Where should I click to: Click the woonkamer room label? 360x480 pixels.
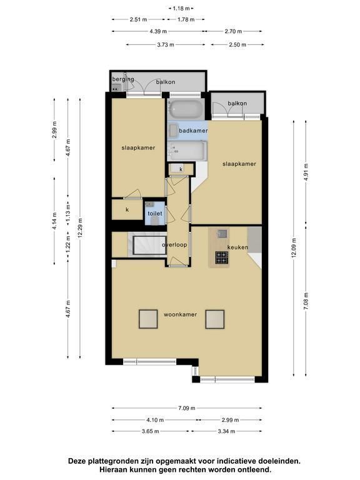180,314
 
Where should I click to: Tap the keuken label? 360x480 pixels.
237,247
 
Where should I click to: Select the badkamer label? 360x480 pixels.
193,131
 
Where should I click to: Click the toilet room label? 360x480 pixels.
155,213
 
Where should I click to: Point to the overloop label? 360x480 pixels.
174,244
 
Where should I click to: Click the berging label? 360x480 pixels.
123,79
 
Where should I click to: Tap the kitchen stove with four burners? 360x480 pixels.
222,257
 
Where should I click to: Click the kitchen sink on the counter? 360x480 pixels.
222,234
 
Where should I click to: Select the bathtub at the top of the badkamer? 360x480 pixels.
186,110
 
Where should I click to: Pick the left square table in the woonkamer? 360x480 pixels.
149,319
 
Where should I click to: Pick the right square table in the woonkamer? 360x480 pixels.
214,319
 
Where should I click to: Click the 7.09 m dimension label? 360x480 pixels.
186,408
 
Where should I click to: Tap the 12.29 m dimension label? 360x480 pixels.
80,228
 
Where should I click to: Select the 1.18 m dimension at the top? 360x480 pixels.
181,9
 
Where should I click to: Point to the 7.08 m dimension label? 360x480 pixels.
306,301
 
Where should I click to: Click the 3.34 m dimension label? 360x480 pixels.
226,431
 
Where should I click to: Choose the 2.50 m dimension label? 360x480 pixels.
237,45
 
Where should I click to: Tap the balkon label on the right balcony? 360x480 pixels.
237,103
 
